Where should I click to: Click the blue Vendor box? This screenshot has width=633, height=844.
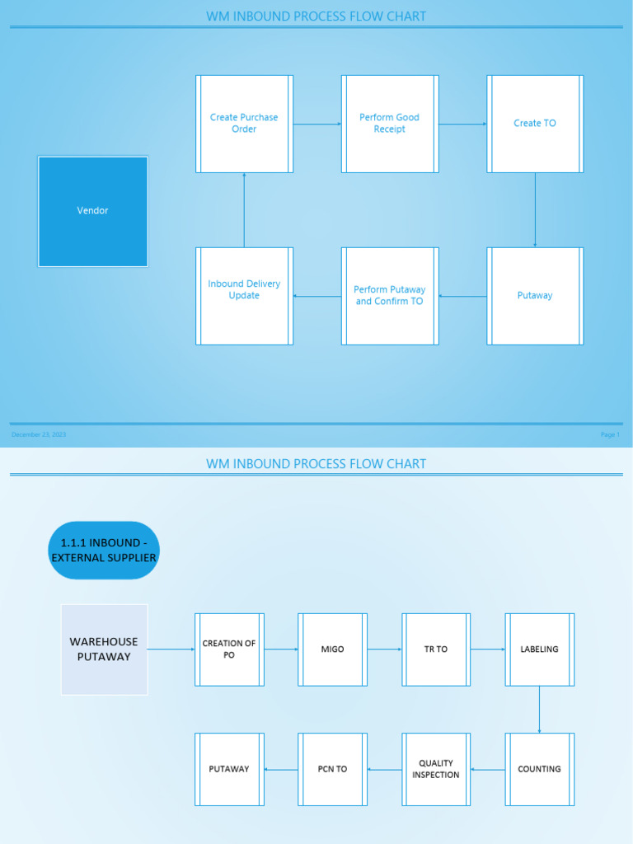pyautogui.click(x=93, y=211)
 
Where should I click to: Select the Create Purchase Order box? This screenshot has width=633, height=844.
pyautogui.click(x=244, y=124)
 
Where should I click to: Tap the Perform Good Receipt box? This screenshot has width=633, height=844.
pyautogui.click(x=390, y=124)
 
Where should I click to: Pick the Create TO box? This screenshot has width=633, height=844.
pyautogui.click(x=535, y=124)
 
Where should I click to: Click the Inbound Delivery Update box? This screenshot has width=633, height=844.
pyautogui.click(x=244, y=296)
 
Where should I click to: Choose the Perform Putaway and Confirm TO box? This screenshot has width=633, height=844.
pyautogui.click(x=390, y=296)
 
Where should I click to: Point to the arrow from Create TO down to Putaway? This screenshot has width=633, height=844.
pyautogui.click(x=535, y=210)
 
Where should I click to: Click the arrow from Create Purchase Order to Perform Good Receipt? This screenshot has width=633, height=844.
pyautogui.click(x=317, y=124)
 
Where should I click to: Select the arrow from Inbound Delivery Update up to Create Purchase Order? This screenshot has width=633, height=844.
pyautogui.click(x=244, y=210)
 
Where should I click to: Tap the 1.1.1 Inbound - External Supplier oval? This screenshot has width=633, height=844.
pyautogui.click(x=104, y=551)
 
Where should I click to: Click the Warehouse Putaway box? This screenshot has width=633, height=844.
pyautogui.click(x=104, y=649)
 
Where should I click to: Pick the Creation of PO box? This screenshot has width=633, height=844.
pyautogui.click(x=229, y=649)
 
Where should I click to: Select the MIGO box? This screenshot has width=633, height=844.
pyautogui.click(x=333, y=649)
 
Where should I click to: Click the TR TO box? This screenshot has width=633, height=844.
pyautogui.click(x=436, y=649)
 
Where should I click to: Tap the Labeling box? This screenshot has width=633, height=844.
pyautogui.click(x=540, y=649)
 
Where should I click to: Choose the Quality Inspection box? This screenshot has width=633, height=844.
pyautogui.click(x=436, y=769)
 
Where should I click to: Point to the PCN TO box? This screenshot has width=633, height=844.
pyautogui.click(x=333, y=769)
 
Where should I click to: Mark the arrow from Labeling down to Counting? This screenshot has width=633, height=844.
pyautogui.click(x=540, y=710)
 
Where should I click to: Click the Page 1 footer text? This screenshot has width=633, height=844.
pyautogui.click(x=610, y=434)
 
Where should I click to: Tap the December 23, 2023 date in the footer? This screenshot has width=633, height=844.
pyautogui.click(x=39, y=434)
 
